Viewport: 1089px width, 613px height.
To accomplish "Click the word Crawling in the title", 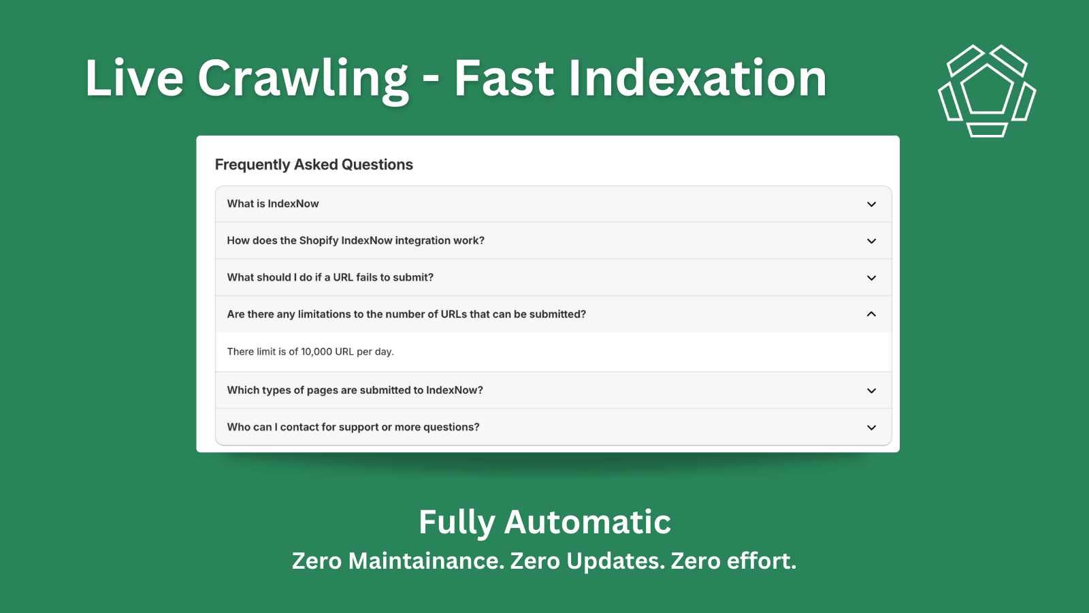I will pyautogui.click(x=303, y=78).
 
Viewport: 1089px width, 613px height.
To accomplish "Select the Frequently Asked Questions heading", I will pyautogui.click(x=314, y=165).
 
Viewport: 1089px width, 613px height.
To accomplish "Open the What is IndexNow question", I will pyautogui.click(x=273, y=204).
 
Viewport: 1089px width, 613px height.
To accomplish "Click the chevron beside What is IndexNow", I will pyautogui.click(x=871, y=204).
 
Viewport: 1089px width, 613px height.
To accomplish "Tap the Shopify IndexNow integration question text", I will pyautogui.click(x=356, y=240).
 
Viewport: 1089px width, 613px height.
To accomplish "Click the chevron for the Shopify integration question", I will pyautogui.click(x=871, y=241).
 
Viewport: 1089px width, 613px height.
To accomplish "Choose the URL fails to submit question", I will pyautogui.click(x=330, y=277).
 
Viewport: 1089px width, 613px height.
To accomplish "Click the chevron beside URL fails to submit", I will pyautogui.click(x=871, y=278).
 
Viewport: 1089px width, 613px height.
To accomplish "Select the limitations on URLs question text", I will pyautogui.click(x=406, y=314).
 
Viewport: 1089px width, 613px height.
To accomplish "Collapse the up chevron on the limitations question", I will pyautogui.click(x=871, y=314).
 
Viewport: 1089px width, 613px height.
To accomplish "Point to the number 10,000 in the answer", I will pyautogui.click(x=316, y=351).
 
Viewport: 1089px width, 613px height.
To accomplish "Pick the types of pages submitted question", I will pyautogui.click(x=355, y=390).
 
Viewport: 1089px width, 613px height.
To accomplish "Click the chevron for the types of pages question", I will pyautogui.click(x=871, y=391).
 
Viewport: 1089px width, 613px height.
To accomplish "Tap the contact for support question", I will pyautogui.click(x=353, y=427).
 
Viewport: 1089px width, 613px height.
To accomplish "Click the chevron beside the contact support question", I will pyautogui.click(x=871, y=428).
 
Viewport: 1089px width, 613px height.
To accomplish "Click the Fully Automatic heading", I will pyautogui.click(x=544, y=522).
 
